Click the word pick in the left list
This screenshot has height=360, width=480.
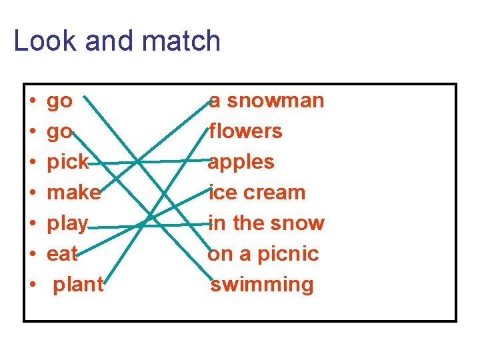(x=67, y=162)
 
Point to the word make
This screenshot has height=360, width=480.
(x=73, y=193)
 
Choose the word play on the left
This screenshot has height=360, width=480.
(x=67, y=223)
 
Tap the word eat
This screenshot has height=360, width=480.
(x=62, y=254)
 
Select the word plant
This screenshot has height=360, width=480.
(x=78, y=285)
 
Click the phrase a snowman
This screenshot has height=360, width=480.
(x=267, y=101)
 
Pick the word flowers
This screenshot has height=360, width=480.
(x=245, y=131)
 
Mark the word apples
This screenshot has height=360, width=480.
(x=241, y=162)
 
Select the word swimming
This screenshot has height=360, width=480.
(x=262, y=285)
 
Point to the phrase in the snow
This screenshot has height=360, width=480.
(x=267, y=223)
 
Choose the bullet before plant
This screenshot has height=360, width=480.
(x=32, y=285)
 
